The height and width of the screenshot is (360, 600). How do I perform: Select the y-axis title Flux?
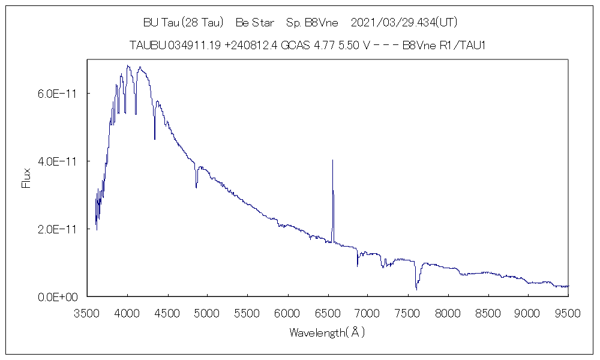(26, 178)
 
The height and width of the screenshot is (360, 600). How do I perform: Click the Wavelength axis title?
(327, 332)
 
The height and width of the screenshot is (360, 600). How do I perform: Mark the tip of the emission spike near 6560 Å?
(332, 160)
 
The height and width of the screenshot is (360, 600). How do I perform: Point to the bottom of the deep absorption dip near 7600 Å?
(416, 290)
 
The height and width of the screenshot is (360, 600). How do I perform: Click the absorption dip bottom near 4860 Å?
(196, 188)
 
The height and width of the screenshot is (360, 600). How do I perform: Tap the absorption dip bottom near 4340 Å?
(155, 139)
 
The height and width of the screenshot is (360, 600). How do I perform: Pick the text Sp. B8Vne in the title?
(312, 23)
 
